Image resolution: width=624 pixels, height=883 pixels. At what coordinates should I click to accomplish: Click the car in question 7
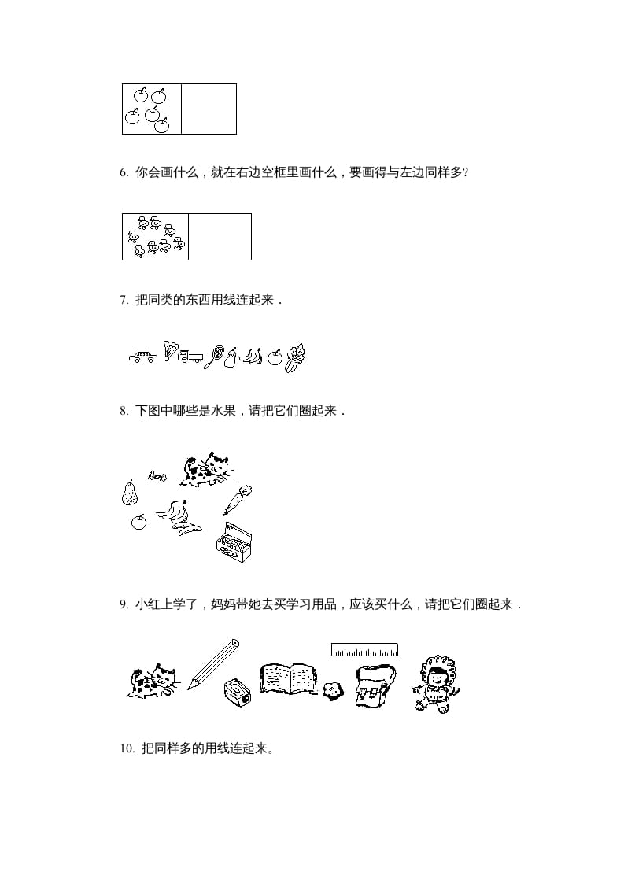(142, 357)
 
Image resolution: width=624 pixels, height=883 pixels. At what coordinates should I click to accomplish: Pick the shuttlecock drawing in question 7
(171, 350)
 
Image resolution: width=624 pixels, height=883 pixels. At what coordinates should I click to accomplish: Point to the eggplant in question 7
(231, 358)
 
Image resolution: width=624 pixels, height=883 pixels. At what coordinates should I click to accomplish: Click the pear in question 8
(129, 493)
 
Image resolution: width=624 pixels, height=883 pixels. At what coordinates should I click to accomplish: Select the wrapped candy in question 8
(157, 475)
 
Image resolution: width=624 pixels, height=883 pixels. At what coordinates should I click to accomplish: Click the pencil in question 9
(212, 663)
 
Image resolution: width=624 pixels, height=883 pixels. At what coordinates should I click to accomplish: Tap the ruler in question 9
(364, 650)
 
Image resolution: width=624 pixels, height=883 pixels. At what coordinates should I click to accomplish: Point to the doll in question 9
(435, 684)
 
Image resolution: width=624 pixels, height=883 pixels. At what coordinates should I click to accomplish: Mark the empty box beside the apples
(209, 109)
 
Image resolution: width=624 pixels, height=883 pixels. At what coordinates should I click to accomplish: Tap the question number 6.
(124, 172)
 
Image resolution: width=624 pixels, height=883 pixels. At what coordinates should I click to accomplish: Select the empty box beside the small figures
(220, 236)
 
